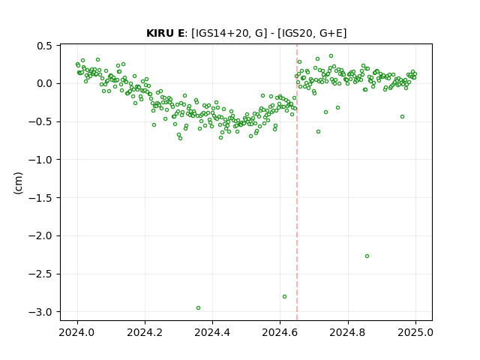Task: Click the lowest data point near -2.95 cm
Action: pyautogui.click(x=198, y=307)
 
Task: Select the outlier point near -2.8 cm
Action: pyautogui.click(x=284, y=296)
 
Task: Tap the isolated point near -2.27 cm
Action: pyautogui.click(x=367, y=256)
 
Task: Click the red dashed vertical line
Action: pyautogui.click(x=297, y=182)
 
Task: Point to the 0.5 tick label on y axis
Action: pyautogui.click(x=45, y=46)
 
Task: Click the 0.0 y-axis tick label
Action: pyautogui.click(x=45, y=83)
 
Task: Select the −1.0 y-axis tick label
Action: pyautogui.click(x=40, y=160)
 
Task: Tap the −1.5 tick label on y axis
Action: pyautogui.click(x=40, y=198)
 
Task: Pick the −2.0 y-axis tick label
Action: pyautogui.click(x=40, y=235)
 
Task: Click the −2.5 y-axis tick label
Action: pyautogui.click(x=40, y=274)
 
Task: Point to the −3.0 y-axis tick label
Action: pyautogui.click(x=40, y=312)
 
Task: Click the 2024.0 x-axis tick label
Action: pyautogui.click(x=76, y=332)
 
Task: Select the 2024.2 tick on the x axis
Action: pyautogui.click(x=145, y=332)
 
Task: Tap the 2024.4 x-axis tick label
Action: pyautogui.click(x=212, y=332)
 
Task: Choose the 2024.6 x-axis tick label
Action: pyautogui.click(x=280, y=332)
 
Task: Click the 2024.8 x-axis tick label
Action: pyautogui.click(x=347, y=332)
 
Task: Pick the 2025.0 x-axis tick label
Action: pyautogui.click(x=415, y=332)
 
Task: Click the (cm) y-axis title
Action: pyautogui.click(x=18, y=183)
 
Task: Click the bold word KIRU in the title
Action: pyautogui.click(x=160, y=33)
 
